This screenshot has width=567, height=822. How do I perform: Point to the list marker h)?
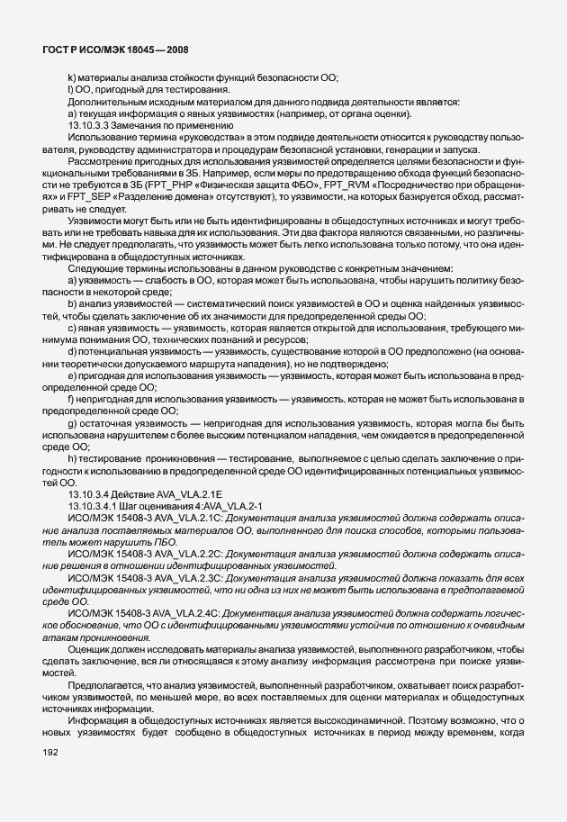71,458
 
